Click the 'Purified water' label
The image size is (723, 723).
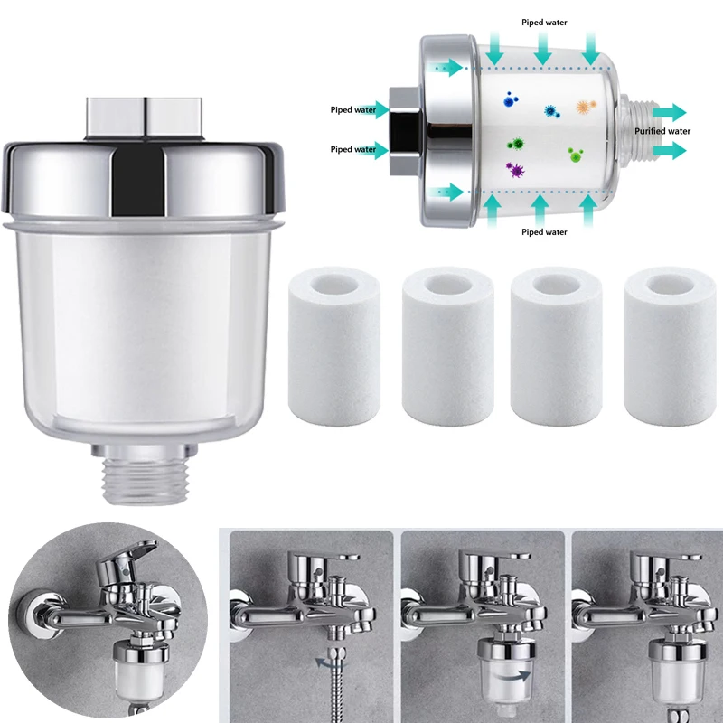pyautogui.click(x=662, y=131)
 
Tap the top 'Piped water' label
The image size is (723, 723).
pyautogui.click(x=545, y=21)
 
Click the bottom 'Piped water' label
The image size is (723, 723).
pyautogui.click(x=545, y=232)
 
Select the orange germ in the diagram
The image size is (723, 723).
pyautogui.click(x=581, y=107)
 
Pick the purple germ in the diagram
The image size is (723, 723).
pyautogui.click(x=518, y=169)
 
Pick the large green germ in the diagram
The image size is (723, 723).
pyautogui.click(x=518, y=143)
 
